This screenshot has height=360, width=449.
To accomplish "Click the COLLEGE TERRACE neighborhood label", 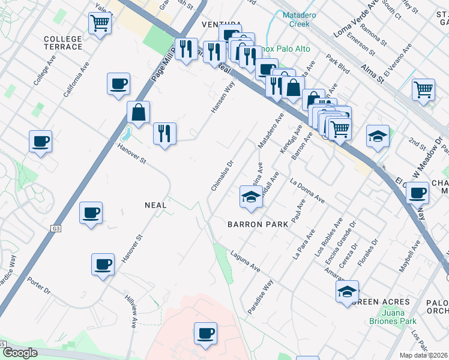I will point(62,43).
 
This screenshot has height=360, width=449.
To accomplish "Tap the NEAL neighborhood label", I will point(155,205).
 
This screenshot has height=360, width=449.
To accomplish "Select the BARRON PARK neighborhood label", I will point(259,224).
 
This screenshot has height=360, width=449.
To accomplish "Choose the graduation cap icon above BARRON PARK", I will point(250,197).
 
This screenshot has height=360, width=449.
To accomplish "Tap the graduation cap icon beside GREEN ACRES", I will point(346,292).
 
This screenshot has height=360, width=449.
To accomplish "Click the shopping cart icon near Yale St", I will point(100,24).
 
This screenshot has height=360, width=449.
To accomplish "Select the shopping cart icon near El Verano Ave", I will point(423,90).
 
